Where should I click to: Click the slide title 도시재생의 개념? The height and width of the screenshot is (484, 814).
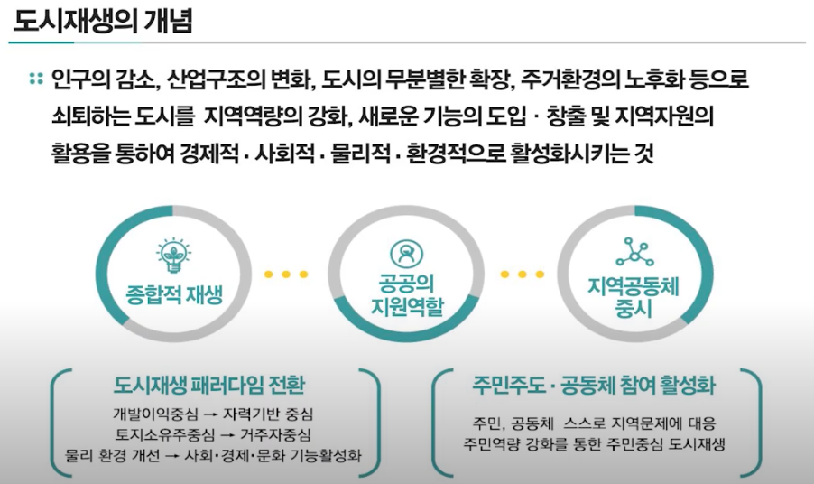tap(103, 21)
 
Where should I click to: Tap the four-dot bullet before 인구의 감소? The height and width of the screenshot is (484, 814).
tap(35, 79)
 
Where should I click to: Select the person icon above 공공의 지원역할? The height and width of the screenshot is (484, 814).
tap(401, 254)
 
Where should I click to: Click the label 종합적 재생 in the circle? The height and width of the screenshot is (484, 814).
tap(174, 295)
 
